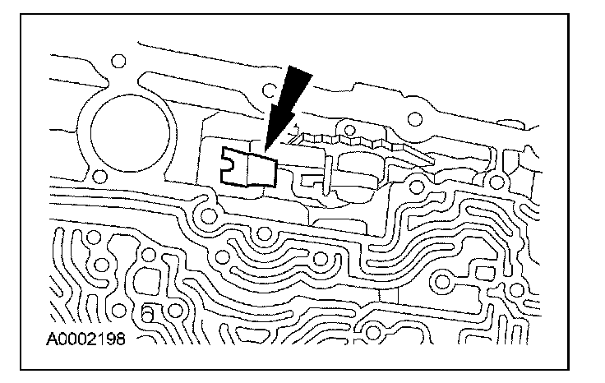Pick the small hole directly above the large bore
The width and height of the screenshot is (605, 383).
tap(118, 60)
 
